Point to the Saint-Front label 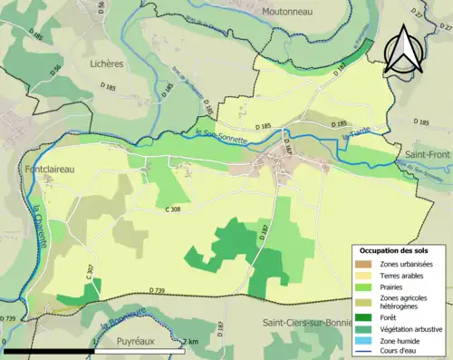coord(428,156)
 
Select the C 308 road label coord(177,209)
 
